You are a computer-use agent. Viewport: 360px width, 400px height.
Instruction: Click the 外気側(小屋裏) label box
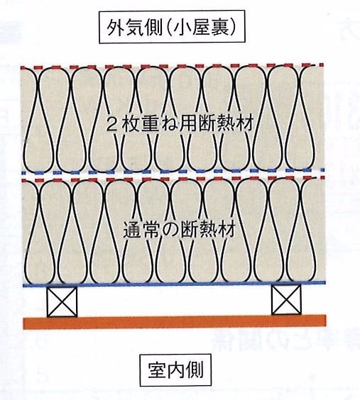tap(172, 27)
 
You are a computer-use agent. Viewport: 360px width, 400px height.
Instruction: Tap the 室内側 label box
tap(175, 370)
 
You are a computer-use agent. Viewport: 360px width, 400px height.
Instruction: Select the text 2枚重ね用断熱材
tap(180, 123)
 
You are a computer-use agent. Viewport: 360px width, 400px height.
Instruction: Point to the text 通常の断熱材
tap(179, 230)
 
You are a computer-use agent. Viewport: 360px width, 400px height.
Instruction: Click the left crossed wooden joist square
tap(62, 302)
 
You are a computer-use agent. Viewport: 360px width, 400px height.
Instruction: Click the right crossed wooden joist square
tap(286, 299)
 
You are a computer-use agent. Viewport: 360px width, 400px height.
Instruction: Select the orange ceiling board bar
tap(175, 322)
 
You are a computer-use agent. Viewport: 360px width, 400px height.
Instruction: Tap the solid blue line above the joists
tap(174, 284)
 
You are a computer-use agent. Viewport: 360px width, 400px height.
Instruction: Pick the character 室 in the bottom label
tap(157, 370)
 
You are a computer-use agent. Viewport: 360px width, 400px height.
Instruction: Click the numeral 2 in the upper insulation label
tap(111, 124)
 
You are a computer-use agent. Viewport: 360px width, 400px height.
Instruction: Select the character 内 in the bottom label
tap(175, 370)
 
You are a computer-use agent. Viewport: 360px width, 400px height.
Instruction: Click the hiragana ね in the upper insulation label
tap(170, 124)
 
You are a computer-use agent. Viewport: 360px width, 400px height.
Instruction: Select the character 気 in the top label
tap(135, 27)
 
